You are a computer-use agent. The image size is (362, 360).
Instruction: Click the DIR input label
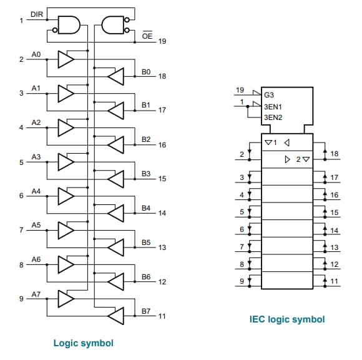click(36, 14)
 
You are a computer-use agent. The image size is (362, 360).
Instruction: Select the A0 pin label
click(36, 54)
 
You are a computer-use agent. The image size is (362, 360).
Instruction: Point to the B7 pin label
click(146, 311)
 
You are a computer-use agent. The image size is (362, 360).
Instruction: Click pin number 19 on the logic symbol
click(162, 42)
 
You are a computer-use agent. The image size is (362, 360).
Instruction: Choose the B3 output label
click(146, 173)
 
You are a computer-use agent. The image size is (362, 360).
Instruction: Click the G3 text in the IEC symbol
click(270, 95)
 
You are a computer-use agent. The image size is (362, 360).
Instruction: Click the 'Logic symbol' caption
click(83, 343)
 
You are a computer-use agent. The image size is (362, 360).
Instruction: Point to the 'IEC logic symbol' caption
click(287, 319)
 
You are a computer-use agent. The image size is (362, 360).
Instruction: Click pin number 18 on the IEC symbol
click(334, 154)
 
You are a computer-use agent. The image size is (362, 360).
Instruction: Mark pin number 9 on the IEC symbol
click(242, 281)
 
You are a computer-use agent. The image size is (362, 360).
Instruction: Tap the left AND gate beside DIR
click(65, 24)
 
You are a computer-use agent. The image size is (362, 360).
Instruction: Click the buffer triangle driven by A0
click(66, 59)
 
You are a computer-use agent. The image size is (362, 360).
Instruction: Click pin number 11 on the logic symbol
click(162, 316)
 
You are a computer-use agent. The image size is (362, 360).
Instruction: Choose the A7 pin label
click(36, 293)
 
